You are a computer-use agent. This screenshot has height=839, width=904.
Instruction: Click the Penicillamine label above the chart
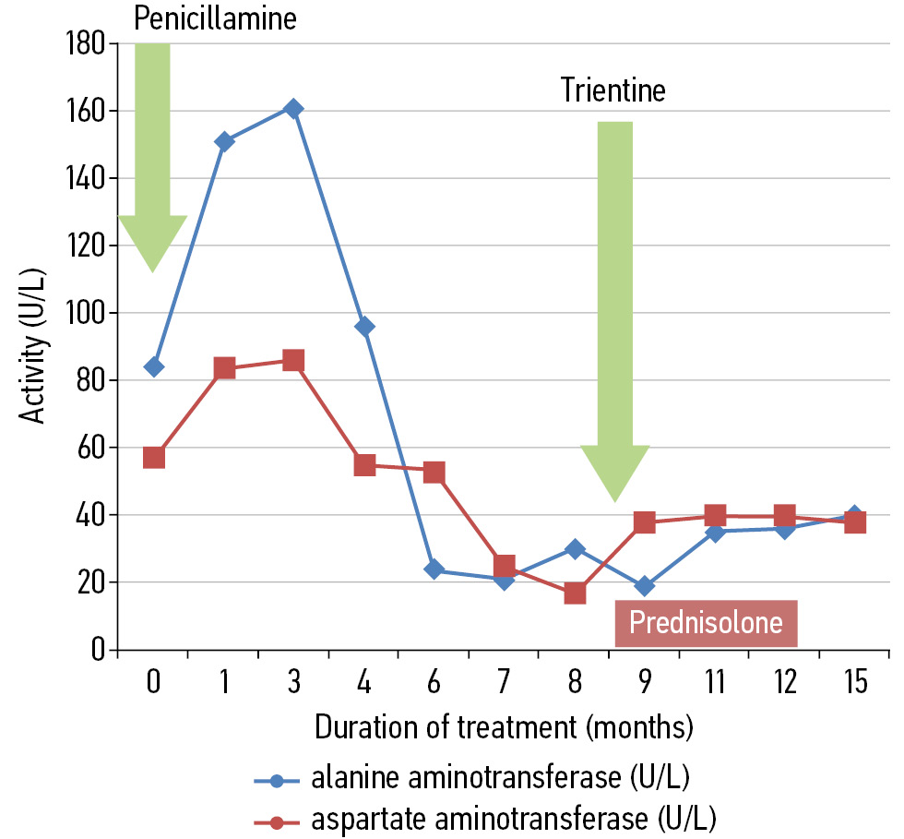coord(216,18)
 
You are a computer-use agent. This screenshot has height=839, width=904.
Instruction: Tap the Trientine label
coord(613,90)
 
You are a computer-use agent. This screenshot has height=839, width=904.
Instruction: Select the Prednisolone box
coord(706,624)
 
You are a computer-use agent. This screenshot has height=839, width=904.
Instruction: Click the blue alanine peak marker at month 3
coord(293,109)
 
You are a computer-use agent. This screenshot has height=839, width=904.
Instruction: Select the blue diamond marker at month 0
coord(154,366)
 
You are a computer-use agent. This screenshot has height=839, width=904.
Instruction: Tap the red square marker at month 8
coord(575,593)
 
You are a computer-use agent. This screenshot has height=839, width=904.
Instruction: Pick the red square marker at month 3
coord(293,360)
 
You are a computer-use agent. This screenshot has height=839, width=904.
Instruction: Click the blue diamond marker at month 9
coord(645,585)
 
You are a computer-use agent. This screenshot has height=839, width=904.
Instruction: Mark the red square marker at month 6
coord(434,473)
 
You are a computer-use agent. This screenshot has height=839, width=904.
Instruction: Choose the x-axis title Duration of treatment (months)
coord(504,728)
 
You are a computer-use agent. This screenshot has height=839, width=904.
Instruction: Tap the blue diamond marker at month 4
coord(364,326)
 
